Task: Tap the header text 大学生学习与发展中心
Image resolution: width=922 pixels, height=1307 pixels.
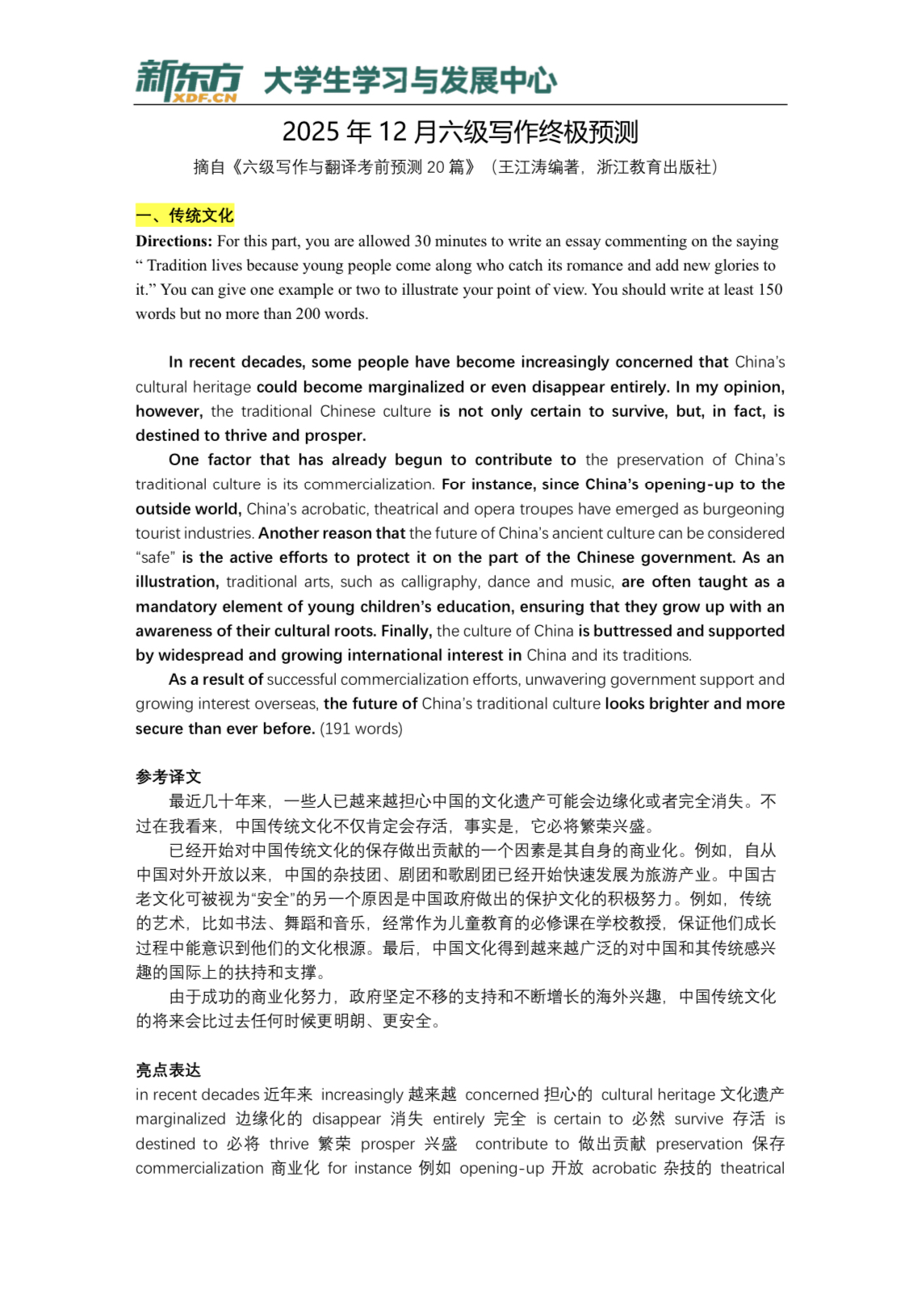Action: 410,81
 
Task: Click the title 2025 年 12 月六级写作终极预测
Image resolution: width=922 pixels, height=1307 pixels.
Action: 460,132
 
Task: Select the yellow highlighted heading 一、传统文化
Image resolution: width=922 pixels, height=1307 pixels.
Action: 185,216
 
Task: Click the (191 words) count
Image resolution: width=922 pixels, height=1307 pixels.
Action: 361,729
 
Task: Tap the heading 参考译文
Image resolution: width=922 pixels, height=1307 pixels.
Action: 168,777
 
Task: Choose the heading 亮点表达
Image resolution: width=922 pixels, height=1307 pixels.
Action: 168,1070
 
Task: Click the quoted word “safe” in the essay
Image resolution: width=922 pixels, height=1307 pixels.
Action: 154,558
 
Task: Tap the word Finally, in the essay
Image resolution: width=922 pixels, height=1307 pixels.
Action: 406,631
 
